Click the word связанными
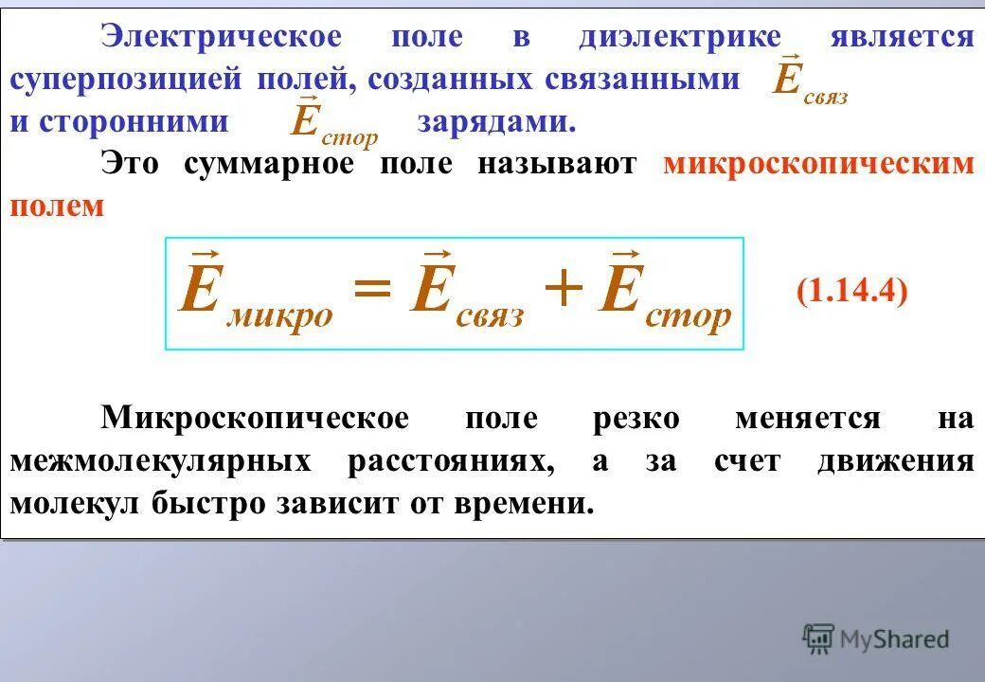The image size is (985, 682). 642,80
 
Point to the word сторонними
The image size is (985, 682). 134,123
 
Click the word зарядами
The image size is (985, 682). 496,123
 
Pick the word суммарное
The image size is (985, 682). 269,164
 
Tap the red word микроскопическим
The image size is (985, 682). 818,164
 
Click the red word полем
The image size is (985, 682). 56,206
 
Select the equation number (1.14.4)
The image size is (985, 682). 852,291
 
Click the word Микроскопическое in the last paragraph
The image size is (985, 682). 256,419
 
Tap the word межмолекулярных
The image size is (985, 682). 161,461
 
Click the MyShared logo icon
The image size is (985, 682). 818,639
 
